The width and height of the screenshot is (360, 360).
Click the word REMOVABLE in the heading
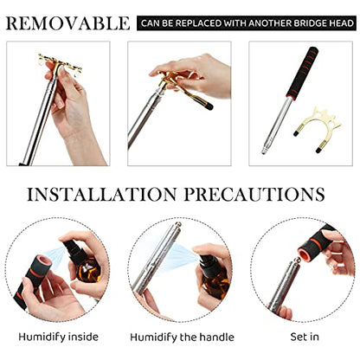[x=68, y=23]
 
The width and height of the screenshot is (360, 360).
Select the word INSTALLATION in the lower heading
[x=102, y=194]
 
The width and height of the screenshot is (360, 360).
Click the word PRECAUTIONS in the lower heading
[x=254, y=194]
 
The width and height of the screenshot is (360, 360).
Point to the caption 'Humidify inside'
[x=59, y=337]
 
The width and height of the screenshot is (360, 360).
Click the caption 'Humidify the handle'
[x=182, y=337]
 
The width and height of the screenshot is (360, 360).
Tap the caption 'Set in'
[x=305, y=337]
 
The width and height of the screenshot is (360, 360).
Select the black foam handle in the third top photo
[x=302, y=73]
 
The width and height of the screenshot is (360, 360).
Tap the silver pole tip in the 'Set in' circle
[x=295, y=262]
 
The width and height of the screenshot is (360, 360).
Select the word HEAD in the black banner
[x=343, y=23]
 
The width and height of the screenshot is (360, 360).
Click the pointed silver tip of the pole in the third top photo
[x=264, y=151]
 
